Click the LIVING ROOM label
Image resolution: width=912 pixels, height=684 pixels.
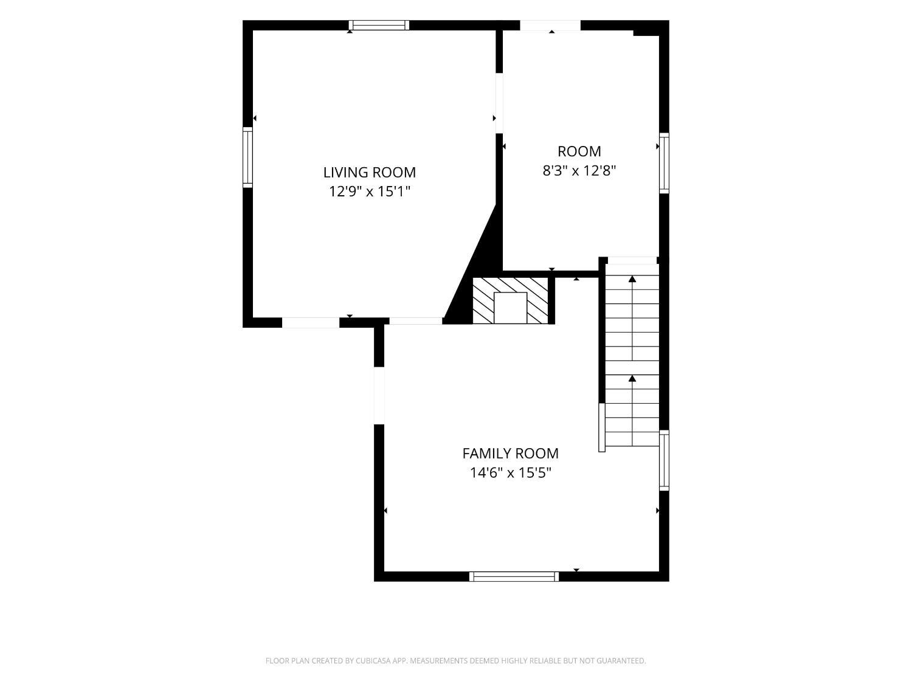tap(370, 172)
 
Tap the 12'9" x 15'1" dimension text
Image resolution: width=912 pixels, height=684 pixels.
tap(370, 192)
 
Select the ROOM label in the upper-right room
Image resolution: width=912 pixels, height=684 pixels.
tap(579, 151)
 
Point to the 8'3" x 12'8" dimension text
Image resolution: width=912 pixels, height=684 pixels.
tap(579, 171)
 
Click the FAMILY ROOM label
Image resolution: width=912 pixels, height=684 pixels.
tap(510, 454)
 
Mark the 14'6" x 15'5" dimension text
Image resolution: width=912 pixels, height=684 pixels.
tap(510, 472)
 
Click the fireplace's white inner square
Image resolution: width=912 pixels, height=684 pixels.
tap(510, 308)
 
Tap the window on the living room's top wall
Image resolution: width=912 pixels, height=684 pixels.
tap(379, 26)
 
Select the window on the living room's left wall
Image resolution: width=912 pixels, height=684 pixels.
tap(247, 157)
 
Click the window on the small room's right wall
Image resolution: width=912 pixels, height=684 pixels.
tap(664, 163)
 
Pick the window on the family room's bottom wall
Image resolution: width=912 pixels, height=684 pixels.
tap(514, 576)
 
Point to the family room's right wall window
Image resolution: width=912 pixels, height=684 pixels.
tap(664, 460)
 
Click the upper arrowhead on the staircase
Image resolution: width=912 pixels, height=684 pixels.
tap(632, 278)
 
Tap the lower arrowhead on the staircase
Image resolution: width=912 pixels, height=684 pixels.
tap(632, 378)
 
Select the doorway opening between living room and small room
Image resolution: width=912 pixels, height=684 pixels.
tap(499, 103)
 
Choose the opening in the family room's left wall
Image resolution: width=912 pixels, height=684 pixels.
tap(379, 395)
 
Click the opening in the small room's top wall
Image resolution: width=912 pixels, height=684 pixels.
tap(550, 26)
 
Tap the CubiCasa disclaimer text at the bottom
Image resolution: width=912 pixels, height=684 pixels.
tap(456, 661)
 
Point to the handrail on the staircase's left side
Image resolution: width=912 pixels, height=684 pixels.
tap(602, 427)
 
